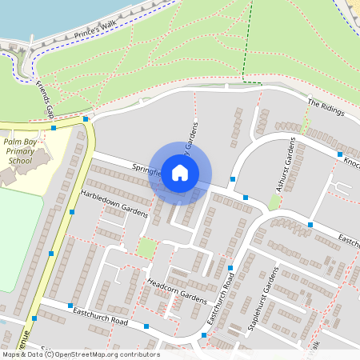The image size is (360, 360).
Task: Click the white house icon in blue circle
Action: [x=180, y=173]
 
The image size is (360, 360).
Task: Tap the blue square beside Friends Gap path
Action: [x=53, y=128]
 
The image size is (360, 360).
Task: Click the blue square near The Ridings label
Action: [x=340, y=154]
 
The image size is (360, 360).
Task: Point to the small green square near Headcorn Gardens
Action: [x=145, y=248]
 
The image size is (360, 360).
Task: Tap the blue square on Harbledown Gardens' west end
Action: [x=72, y=212]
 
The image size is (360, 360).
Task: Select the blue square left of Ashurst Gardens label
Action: [x=233, y=179]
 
